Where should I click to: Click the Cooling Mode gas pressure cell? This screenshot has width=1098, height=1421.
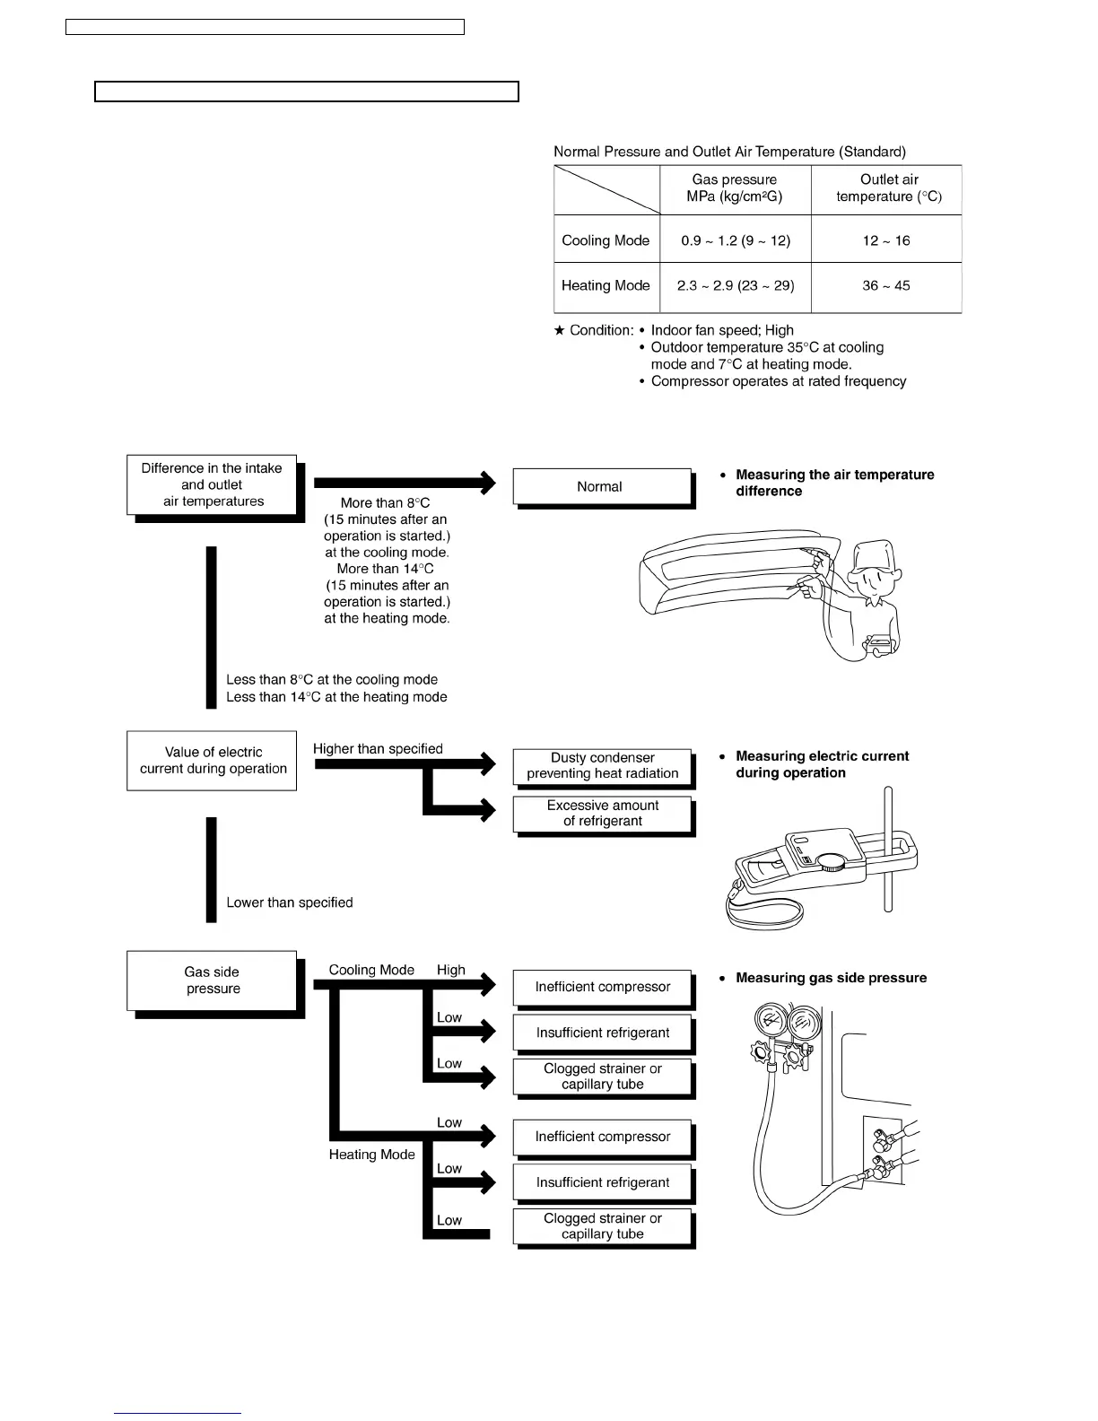tap(736, 240)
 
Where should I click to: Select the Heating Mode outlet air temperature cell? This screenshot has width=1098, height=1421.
tap(886, 286)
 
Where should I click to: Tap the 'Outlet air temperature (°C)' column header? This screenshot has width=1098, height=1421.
tap(888, 188)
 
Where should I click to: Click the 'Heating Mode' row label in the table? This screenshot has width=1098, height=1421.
tap(606, 286)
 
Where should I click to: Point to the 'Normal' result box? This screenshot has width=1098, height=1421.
tap(601, 487)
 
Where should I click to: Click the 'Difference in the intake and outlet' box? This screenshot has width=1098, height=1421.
tap(213, 485)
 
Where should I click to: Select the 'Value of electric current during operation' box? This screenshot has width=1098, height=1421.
tap(213, 761)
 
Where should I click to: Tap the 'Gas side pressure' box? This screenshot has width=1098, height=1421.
tap(213, 981)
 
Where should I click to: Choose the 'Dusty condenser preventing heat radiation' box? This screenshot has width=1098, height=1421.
tap(602, 766)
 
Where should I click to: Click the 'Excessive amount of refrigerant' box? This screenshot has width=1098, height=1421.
tap(602, 814)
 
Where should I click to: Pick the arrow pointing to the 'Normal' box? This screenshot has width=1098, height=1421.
tap(404, 483)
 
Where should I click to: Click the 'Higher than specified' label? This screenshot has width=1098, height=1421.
tap(378, 749)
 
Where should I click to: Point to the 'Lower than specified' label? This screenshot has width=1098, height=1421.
tap(289, 902)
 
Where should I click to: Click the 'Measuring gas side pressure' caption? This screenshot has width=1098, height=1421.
tap(831, 978)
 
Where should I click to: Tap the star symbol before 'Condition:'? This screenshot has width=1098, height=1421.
tap(560, 331)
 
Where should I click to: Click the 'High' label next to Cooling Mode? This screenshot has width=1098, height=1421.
tap(451, 970)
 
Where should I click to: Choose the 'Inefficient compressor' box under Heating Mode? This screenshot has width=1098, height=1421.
tap(602, 1137)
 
